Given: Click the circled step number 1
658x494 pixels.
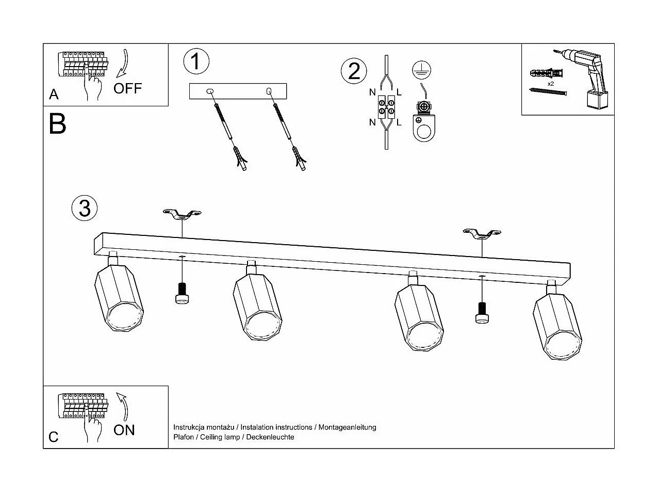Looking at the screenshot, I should pyautogui.click(x=196, y=61).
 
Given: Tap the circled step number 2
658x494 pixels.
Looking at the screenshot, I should pyautogui.click(x=354, y=71).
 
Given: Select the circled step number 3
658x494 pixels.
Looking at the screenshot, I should pyautogui.click(x=85, y=208).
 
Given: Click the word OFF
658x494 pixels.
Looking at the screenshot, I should pyautogui.click(x=127, y=88).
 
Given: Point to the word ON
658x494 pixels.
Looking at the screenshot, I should pyautogui.click(x=124, y=430).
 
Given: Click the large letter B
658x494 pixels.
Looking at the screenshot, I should pyautogui.click(x=57, y=124).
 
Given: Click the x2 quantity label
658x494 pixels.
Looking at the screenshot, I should pyautogui.click(x=551, y=83).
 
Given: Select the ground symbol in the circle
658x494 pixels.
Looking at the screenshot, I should pyautogui.click(x=421, y=70).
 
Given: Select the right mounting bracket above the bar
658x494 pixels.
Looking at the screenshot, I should pyautogui.click(x=482, y=234).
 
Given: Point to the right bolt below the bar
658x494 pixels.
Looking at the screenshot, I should pyautogui.click(x=482, y=312).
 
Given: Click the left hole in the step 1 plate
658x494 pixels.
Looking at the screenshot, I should pyautogui.click(x=209, y=91).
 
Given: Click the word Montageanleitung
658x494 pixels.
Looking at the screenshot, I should pyautogui.click(x=347, y=427).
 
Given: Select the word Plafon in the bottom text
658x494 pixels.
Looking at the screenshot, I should pyautogui.click(x=184, y=437).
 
